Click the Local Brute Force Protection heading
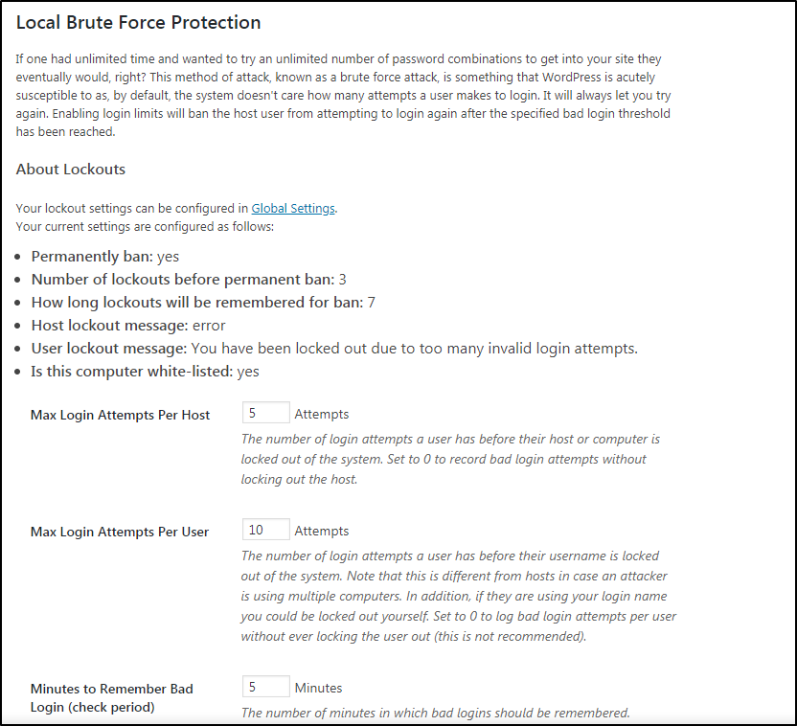[x=138, y=22]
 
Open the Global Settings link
[x=293, y=208]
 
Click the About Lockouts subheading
[x=71, y=170]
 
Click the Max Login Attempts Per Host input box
[x=266, y=414]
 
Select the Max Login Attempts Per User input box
[x=266, y=530]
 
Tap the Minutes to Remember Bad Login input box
[x=266, y=687]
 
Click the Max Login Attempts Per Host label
[x=120, y=415]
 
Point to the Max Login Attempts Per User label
[x=120, y=531]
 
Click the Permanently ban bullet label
[x=92, y=257]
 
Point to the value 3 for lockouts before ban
[x=343, y=280]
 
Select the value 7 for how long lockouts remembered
[x=372, y=303]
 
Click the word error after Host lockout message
[x=209, y=326]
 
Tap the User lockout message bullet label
[x=109, y=349]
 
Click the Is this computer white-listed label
[x=131, y=372]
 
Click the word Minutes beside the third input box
[x=318, y=688]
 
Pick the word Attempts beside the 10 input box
[x=322, y=531]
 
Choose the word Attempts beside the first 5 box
[x=322, y=415]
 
